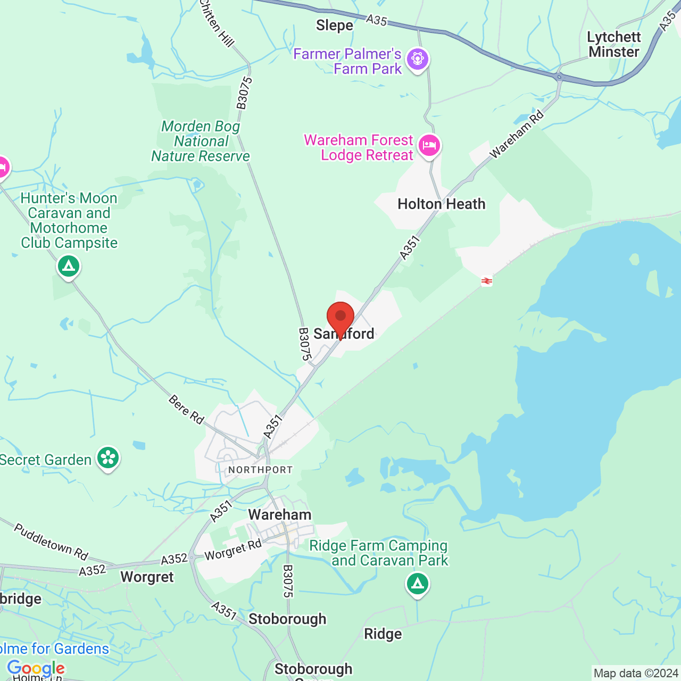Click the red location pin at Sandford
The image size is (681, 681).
[x=340, y=318]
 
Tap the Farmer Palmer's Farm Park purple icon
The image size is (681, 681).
[x=418, y=59]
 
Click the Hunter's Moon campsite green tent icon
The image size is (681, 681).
[x=69, y=266]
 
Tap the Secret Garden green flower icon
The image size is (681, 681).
[x=108, y=458]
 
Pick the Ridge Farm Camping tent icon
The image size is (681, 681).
[x=418, y=584]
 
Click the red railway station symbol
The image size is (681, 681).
[x=486, y=281]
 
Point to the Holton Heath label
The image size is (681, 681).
[x=441, y=204]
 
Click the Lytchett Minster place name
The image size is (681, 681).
[x=614, y=45]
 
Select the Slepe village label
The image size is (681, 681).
[x=334, y=26]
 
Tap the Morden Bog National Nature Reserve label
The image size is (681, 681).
[x=201, y=142]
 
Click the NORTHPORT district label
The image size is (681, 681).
[x=260, y=470]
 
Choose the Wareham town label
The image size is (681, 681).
[x=280, y=515]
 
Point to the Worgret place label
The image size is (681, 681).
[x=147, y=577]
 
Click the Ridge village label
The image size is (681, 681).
[x=383, y=634]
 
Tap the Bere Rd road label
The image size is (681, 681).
[x=186, y=410]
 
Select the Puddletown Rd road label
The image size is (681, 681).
[x=51, y=542]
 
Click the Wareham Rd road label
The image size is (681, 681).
[x=517, y=134]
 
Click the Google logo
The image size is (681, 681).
[x=36, y=668]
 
